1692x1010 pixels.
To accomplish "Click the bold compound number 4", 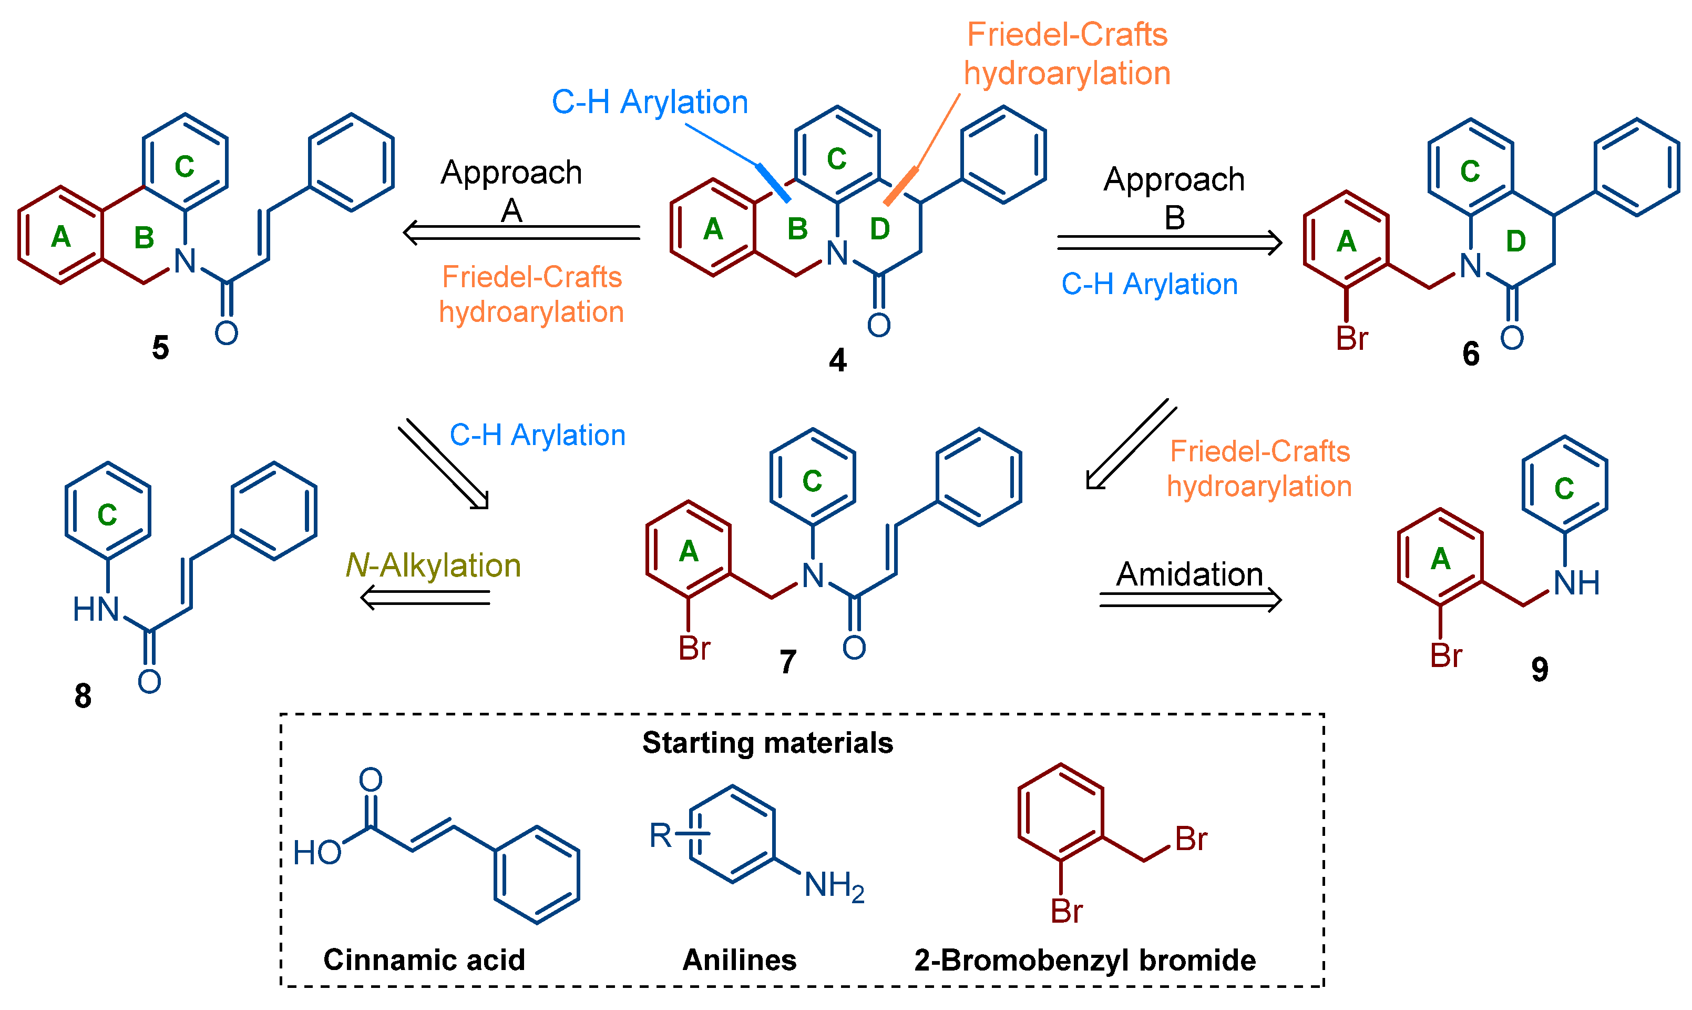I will pos(837,359).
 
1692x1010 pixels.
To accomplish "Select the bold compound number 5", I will pos(160,348).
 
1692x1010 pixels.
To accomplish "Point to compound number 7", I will pos(787,662).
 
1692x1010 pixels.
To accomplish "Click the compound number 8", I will pos(83,696).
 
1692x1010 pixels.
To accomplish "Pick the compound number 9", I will pos(1540,669).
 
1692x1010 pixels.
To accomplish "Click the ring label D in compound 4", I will pos(879,229).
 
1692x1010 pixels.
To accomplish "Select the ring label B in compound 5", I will pos(143,238).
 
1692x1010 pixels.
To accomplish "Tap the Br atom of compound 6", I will pos(1351,339).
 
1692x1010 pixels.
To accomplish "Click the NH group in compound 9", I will pos(1576,583).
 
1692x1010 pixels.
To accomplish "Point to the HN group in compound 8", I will pos(96,609).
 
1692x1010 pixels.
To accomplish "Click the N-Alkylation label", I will pos(433,565).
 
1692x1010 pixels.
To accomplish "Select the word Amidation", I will pos(1189,574).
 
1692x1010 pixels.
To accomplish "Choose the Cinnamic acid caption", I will pos(424,959).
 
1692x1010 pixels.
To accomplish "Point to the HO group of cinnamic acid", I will pos(317,853).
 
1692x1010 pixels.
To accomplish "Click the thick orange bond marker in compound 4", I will pos(900,185).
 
